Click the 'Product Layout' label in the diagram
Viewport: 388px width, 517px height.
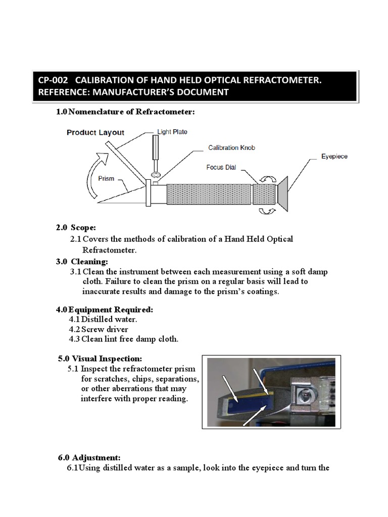95,133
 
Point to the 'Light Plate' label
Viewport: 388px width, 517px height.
172,132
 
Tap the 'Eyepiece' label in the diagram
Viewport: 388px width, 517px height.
334,157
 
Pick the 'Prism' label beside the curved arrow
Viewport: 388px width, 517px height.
107,179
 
